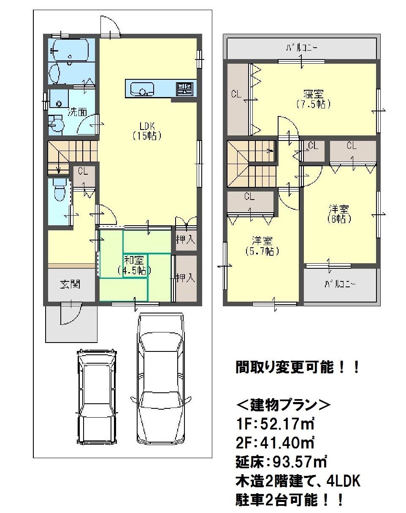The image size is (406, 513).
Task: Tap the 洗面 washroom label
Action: pyautogui.click(x=77, y=112)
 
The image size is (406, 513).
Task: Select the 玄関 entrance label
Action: pyautogui.click(x=70, y=284)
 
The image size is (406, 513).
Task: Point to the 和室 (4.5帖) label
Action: pyautogui.click(x=134, y=265)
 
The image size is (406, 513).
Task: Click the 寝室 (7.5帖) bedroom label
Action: pyautogui.click(x=316, y=98)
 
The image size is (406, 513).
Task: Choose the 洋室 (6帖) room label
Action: pyautogui.click(x=339, y=214)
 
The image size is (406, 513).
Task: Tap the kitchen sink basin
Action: pyautogui.click(x=142, y=89)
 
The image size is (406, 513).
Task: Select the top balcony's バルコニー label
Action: pyautogui.click(x=301, y=49)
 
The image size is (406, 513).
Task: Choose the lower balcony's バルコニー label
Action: pyautogui.click(x=340, y=284)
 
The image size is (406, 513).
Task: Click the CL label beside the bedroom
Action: pyautogui.click(x=236, y=94)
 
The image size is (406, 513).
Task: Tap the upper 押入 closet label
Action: pyautogui.click(x=186, y=240)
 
